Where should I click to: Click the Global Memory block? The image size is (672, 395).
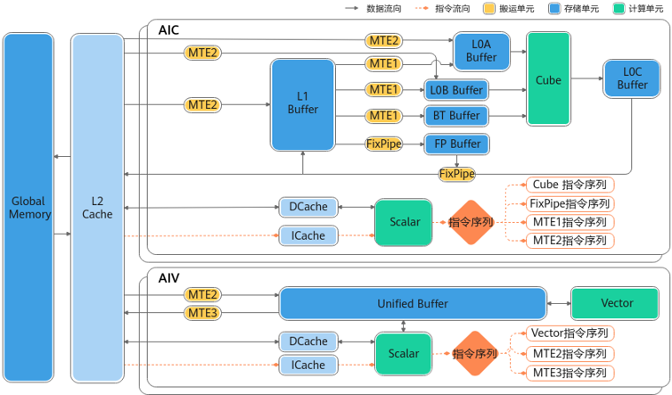30,207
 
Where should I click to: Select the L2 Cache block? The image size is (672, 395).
97,207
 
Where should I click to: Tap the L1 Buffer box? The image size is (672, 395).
303,103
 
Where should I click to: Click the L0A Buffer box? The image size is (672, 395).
481,51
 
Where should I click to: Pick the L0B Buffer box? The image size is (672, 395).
455,90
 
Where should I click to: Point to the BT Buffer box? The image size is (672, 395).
455,116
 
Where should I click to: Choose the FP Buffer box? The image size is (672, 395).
455,144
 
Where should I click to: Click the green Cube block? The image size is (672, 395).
548,79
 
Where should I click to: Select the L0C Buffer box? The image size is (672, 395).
632,78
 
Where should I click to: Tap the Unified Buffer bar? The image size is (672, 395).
412,303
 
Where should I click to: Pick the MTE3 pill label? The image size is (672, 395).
202,313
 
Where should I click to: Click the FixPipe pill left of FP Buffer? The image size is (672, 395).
383,144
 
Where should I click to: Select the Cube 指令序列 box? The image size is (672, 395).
570,185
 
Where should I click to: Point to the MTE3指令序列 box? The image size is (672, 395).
570,372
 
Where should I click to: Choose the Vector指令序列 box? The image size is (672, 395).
570,333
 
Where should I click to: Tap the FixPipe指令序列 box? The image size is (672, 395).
570,203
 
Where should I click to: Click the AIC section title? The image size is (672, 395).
168,30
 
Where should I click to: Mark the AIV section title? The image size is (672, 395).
168,277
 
